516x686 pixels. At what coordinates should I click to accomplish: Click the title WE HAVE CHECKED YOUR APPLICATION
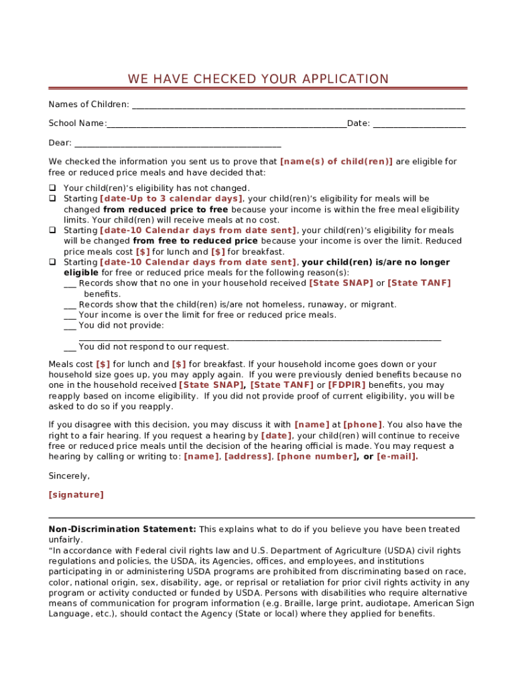point(258,79)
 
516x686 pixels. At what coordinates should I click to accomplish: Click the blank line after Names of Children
point(298,106)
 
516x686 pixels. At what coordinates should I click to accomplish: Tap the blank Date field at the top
point(419,125)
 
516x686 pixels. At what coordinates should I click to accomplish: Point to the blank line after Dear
point(178,144)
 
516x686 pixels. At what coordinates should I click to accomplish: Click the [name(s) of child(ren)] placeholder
point(336,161)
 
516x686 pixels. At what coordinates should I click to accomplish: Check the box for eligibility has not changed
point(52,188)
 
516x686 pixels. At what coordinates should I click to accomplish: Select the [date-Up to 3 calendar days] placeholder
point(171,199)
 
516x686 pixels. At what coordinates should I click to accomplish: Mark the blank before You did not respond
point(70,348)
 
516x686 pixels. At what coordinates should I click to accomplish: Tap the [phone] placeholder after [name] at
point(363,425)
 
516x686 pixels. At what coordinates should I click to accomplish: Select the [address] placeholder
point(248,457)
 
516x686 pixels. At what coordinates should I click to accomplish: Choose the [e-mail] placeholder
point(397,457)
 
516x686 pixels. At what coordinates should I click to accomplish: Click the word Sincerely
point(69,476)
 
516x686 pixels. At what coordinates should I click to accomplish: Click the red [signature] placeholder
point(76,495)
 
